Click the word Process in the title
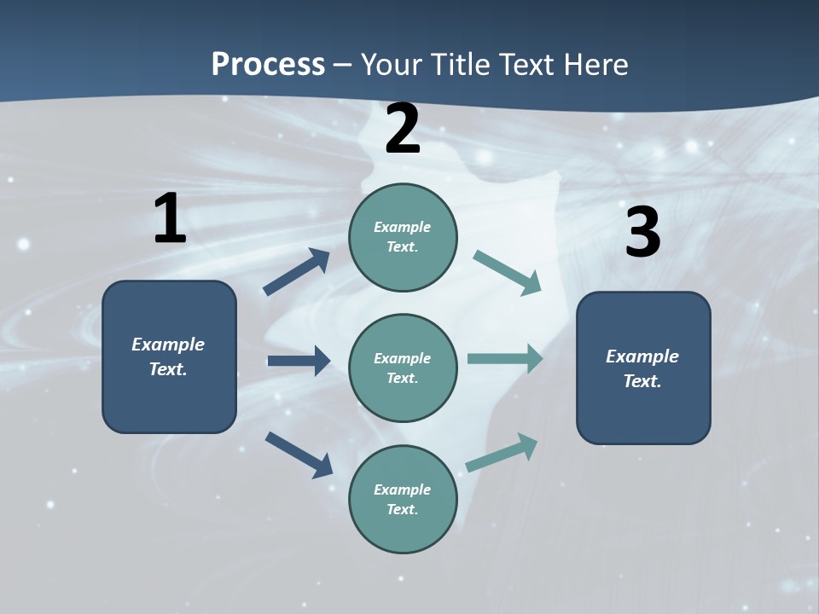pyautogui.click(x=268, y=64)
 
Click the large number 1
pyautogui.click(x=170, y=219)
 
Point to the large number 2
pyautogui.click(x=403, y=130)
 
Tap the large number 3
pyautogui.click(x=642, y=233)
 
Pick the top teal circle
pyautogui.click(x=403, y=237)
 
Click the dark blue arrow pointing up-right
pyautogui.click(x=297, y=272)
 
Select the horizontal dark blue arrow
pyautogui.click(x=299, y=361)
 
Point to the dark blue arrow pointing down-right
pyautogui.click(x=299, y=454)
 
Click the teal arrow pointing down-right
pyautogui.click(x=507, y=272)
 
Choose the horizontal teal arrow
pyautogui.click(x=505, y=358)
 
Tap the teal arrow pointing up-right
pyautogui.click(x=502, y=452)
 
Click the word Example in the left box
pyautogui.click(x=168, y=345)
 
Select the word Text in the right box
pyautogui.click(x=642, y=381)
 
